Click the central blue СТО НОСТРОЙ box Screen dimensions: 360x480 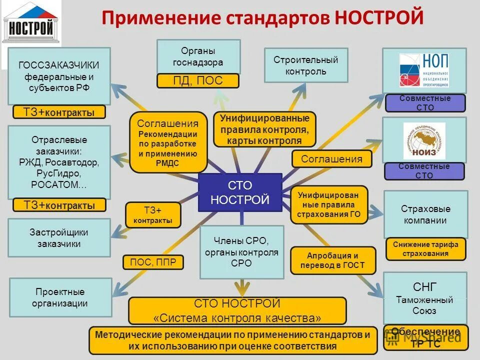click(x=240, y=193)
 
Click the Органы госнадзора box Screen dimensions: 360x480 click(x=198, y=57)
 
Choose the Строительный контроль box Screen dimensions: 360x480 click(x=305, y=65)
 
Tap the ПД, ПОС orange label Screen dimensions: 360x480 click(x=198, y=81)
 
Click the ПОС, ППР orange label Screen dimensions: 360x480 click(x=153, y=262)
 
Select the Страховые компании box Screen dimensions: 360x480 click(x=425, y=214)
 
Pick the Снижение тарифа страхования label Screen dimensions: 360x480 click(x=425, y=249)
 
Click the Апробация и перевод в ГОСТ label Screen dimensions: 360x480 click(x=332, y=260)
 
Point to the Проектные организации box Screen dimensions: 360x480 click(x=60, y=297)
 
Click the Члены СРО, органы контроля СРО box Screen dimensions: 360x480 click(x=241, y=252)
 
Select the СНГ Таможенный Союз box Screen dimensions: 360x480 click(x=424, y=298)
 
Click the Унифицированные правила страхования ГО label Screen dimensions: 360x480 click(x=329, y=204)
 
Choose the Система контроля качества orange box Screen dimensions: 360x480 click(x=237, y=310)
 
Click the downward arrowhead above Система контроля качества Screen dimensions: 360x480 click(x=242, y=288)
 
